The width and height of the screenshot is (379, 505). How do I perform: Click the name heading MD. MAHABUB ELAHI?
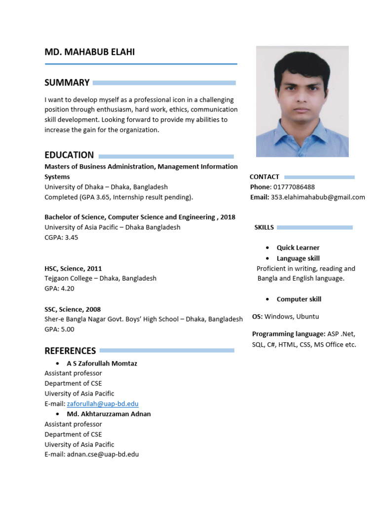tap(89, 52)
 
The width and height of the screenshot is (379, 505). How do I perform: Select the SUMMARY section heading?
tap(67, 83)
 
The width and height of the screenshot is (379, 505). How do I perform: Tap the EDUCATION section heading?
tap(69, 155)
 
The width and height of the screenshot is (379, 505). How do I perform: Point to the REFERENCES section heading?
tap(70, 351)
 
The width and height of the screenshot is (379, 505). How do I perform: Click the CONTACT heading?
tap(265, 177)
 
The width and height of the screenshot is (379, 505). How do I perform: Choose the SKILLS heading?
tap(264, 227)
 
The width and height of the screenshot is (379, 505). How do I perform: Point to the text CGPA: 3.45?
tap(61, 237)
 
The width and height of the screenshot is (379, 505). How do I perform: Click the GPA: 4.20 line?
tap(59, 289)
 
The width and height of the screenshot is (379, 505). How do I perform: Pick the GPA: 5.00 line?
tap(59, 329)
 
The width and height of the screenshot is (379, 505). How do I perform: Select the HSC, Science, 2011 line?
tap(73, 268)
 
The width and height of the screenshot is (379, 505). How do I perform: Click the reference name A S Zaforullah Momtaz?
tap(102, 363)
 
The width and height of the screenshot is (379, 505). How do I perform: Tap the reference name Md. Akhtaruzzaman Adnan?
tap(109, 414)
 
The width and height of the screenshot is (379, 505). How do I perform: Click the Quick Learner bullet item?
tap(298, 248)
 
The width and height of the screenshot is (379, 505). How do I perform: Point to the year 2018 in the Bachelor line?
tap(228, 217)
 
